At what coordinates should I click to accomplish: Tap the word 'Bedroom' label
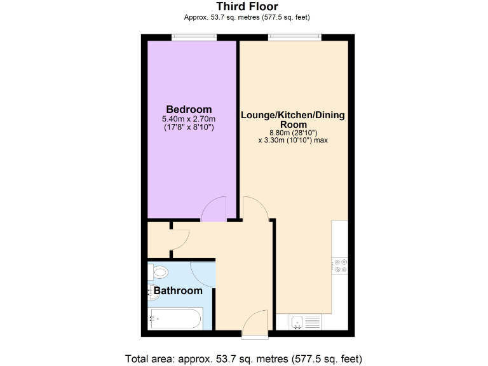(x=189, y=109)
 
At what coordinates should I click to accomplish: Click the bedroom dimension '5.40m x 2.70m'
(x=189, y=119)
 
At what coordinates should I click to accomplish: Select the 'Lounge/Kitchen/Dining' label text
(x=292, y=115)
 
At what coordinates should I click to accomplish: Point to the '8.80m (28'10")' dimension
(x=293, y=133)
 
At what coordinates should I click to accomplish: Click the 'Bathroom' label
(x=178, y=291)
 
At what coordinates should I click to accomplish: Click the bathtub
(x=175, y=317)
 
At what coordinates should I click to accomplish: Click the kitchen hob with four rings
(x=340, y=264)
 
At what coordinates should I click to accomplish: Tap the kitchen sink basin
(x=296, y=323)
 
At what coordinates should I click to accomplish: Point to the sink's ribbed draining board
(x=312, y=323)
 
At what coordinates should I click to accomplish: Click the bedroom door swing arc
(x=215, y=209)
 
